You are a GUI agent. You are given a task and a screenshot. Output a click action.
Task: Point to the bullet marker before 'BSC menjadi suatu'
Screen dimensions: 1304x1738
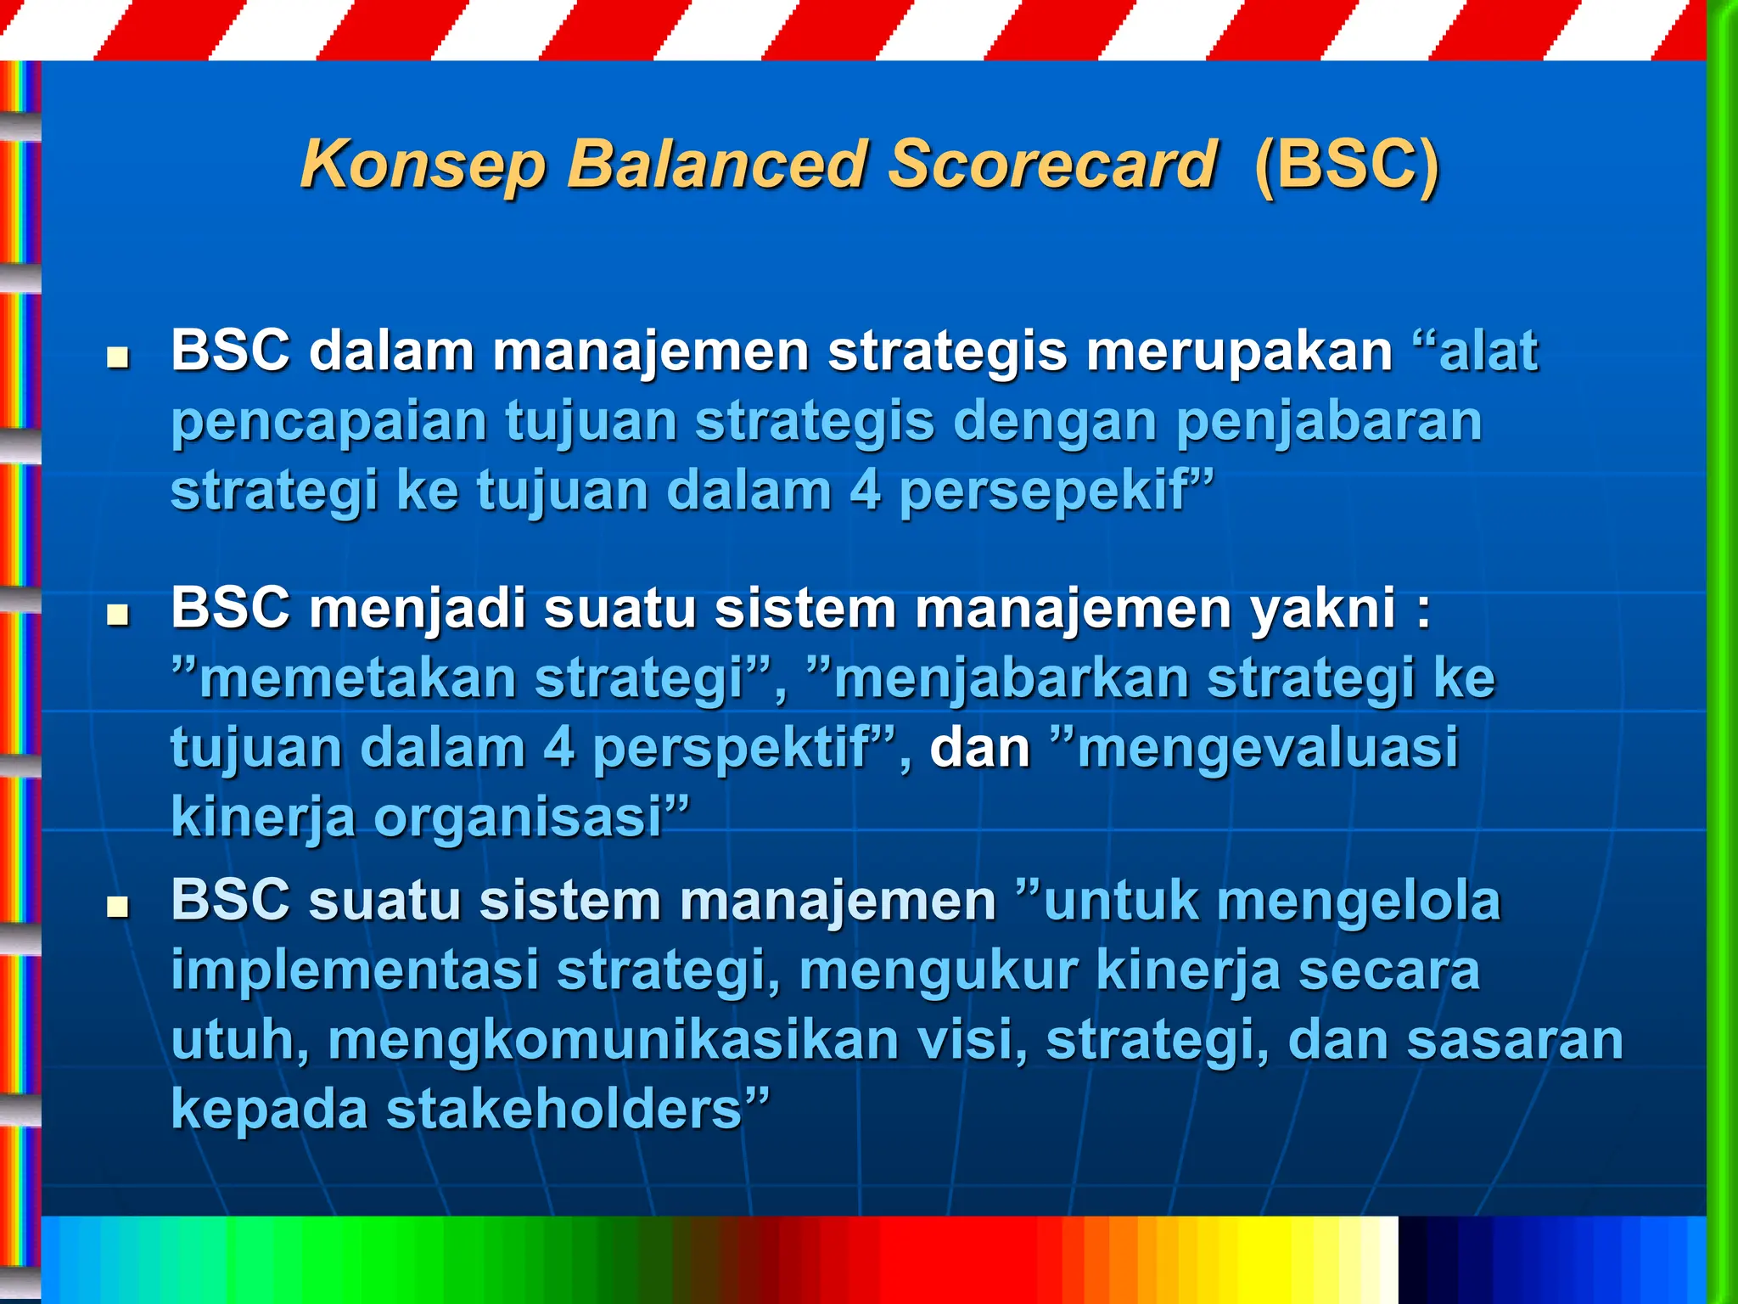pos(117,615)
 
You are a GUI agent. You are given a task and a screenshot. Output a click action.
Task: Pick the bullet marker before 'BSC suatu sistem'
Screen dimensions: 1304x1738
pos(117,907)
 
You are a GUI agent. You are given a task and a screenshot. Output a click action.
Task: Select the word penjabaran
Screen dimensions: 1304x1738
pos(1329,421)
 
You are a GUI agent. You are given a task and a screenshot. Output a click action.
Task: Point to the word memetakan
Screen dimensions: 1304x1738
pos(356,678)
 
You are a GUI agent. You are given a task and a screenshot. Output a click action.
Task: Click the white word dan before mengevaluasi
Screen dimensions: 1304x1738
pos(979,748)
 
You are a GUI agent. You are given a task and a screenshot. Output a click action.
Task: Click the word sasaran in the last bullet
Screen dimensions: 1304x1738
pos(1514,1040)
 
